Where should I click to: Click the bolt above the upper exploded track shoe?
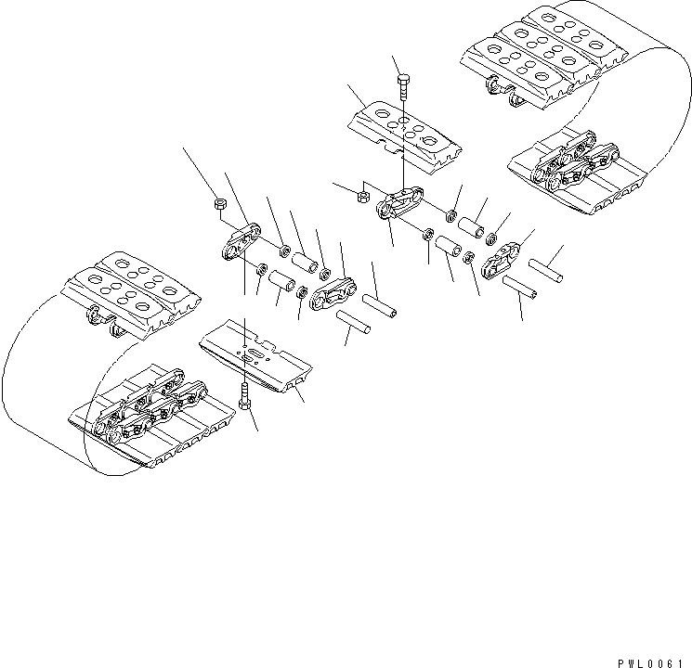pos(402,85)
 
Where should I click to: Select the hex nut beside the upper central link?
pos(363,196)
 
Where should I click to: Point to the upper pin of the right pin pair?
pos(545,265)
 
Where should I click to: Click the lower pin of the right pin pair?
pos(520,289)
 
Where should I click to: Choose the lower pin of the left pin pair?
pos(356,323)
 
